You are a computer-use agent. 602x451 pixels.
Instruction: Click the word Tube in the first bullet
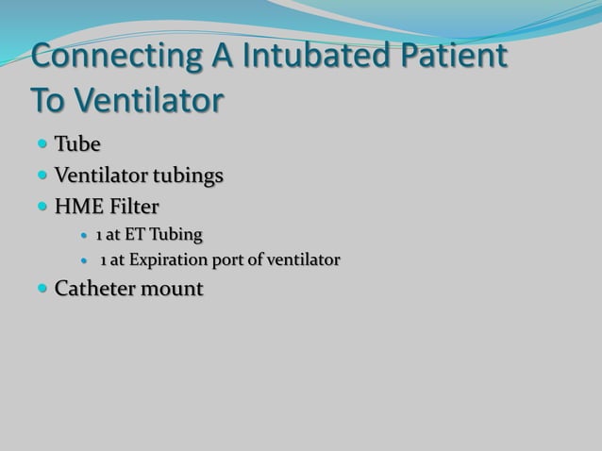point(77,144)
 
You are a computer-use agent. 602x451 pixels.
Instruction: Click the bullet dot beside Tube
point(43,144)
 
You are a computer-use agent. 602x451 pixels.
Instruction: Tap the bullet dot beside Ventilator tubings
point(43,175)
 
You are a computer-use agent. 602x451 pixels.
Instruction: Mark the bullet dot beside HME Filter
point(43,206)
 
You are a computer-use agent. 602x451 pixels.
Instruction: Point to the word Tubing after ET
point(177,234)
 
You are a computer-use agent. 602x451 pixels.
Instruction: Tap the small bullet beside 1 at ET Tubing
point(85,235)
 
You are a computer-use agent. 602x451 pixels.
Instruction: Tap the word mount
point(172,289)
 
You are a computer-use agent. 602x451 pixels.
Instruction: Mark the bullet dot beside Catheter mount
point(43,289)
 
